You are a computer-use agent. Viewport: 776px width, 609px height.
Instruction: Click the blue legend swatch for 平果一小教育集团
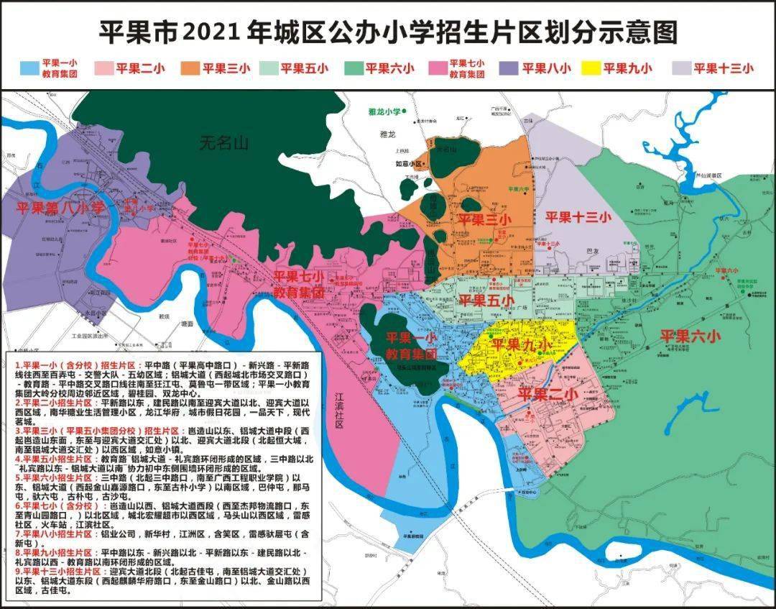coord(29,68)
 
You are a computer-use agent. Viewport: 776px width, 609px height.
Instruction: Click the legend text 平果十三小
coord(724,68)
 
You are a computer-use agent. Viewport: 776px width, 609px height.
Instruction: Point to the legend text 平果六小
coord(389,68)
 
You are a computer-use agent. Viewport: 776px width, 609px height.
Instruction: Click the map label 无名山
coord(224,144)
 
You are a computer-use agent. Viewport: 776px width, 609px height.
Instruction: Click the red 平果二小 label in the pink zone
coord(547,394)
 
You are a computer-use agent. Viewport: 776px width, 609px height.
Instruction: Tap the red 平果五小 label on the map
coord(486,300)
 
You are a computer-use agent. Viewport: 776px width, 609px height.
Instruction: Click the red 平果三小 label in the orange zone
coord(486,219)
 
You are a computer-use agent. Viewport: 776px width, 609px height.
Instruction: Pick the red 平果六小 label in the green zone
coord(690,335)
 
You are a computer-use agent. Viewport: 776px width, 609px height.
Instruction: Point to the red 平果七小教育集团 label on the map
coord(298,285)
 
